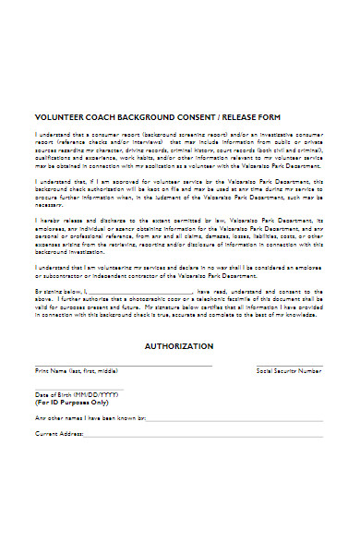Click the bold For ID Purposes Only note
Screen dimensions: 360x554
71,403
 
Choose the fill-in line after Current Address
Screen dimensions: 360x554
203,434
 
